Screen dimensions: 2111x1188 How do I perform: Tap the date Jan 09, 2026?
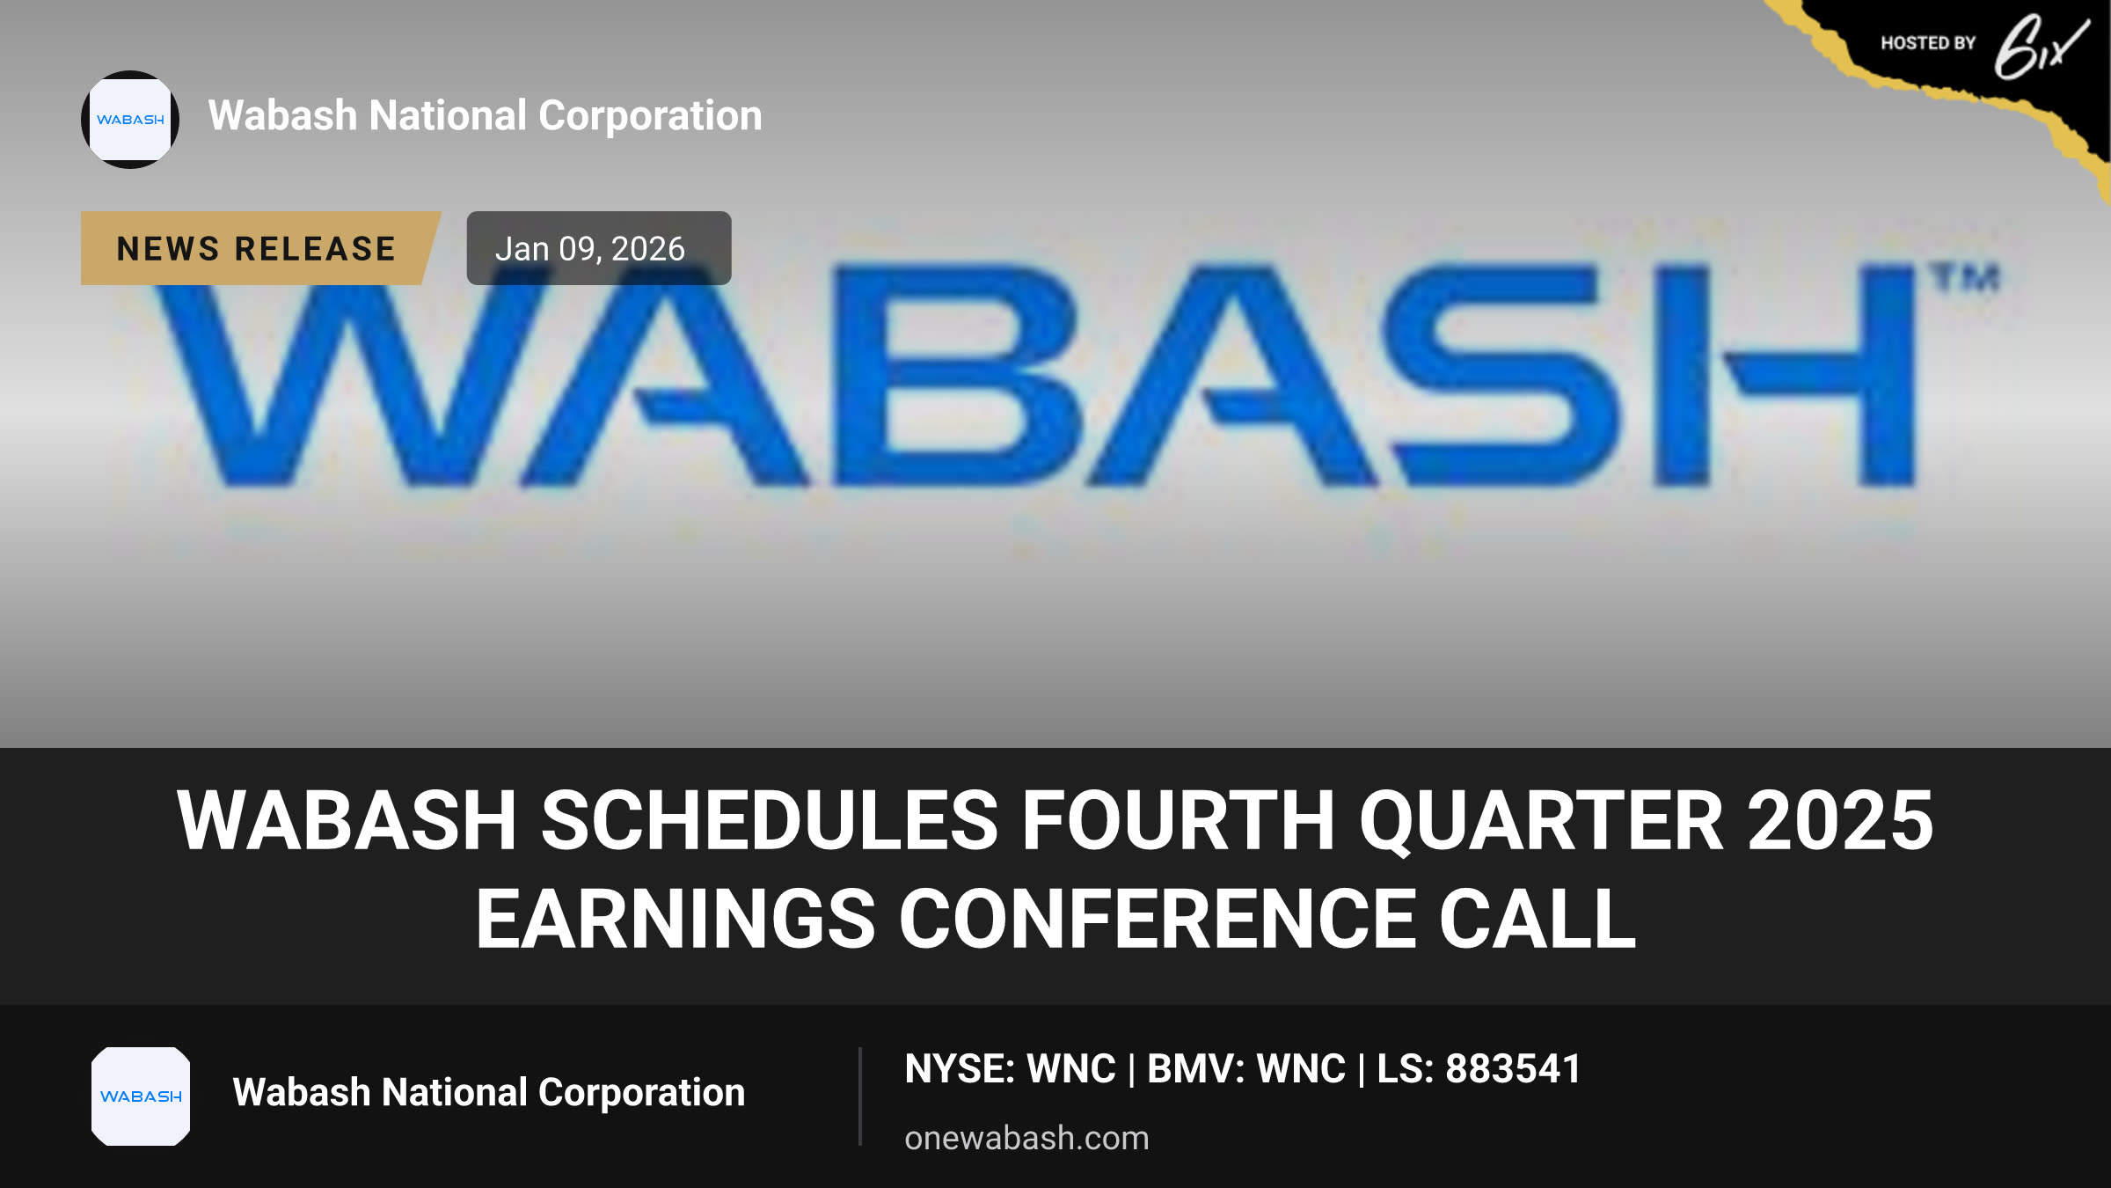[589, 249]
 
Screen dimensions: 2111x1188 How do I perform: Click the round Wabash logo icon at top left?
[130, 120]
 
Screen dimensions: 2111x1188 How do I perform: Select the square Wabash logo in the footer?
[141, 1096]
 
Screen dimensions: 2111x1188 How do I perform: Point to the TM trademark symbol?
[1967, 278]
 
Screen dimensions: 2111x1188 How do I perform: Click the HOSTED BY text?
[1928, 43]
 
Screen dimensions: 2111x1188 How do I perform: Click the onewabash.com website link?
[1026, 1138]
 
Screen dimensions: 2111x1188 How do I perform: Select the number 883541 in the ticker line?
[1513, 1069]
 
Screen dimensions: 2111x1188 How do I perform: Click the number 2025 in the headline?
[1840, 820]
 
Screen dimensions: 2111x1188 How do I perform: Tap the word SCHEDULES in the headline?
[770, 820]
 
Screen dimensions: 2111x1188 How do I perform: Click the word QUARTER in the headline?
[1541, 822]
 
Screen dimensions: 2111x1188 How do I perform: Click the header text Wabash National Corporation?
[485, 115]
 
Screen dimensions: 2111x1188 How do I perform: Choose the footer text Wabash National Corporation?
[488, 1092]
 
